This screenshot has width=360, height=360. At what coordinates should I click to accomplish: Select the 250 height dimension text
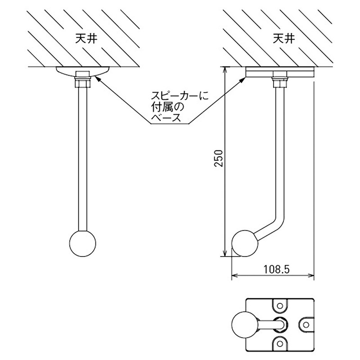[218, 158]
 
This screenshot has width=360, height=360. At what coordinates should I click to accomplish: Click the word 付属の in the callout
[165, 107]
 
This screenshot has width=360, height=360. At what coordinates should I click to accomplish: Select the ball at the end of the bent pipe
[245, 243]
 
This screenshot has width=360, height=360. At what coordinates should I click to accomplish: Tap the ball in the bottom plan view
[244, 324]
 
